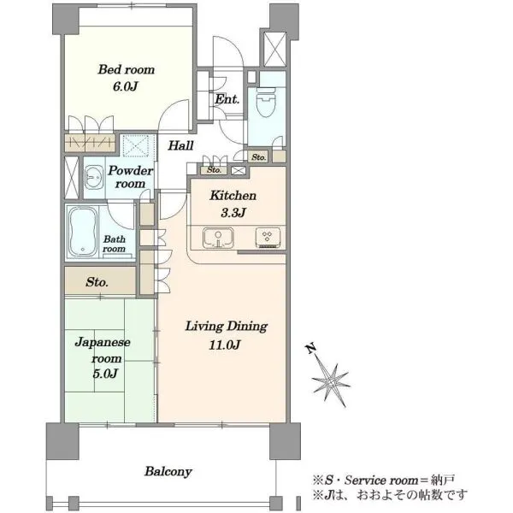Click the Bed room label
[127, 70]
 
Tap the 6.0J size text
[126, 86]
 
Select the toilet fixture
[266, 102]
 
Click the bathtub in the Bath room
[83, 231]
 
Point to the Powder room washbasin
[94, 177]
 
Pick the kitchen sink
[218, 238]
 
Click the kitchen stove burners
[268, 237]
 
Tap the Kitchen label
[233, 196]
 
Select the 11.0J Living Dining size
[225, 345]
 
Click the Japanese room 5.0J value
[105, 374]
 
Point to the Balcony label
[168, 471]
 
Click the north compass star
[331, 381]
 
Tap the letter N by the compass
[311, 349]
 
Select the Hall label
[180, 145]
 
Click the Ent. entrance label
[227, 99]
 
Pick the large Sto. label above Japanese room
[97, 282]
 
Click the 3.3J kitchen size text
[233, 213]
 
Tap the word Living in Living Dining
[204, 327]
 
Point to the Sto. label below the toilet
[258, 157]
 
